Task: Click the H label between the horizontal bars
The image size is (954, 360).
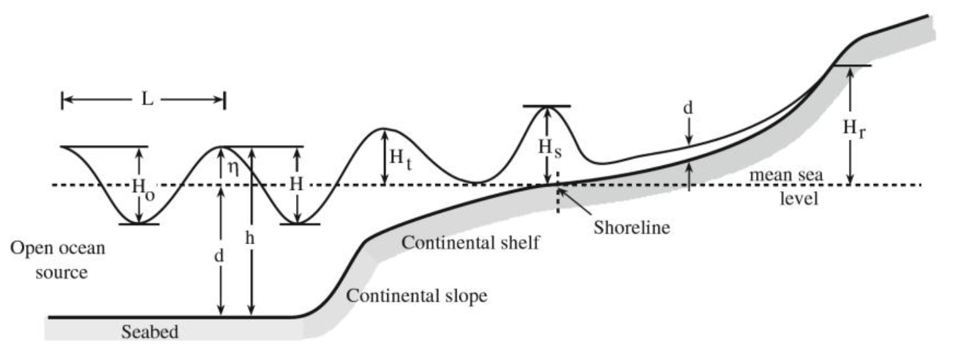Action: tap(297, 185)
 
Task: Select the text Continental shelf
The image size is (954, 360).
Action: tap(471, 242)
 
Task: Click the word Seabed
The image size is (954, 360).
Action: tap(150, 332)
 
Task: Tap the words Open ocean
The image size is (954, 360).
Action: tap(58, 249)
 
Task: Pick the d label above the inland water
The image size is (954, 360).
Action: tap(689, 108)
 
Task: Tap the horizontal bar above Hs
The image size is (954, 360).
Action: tap(546, 107)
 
